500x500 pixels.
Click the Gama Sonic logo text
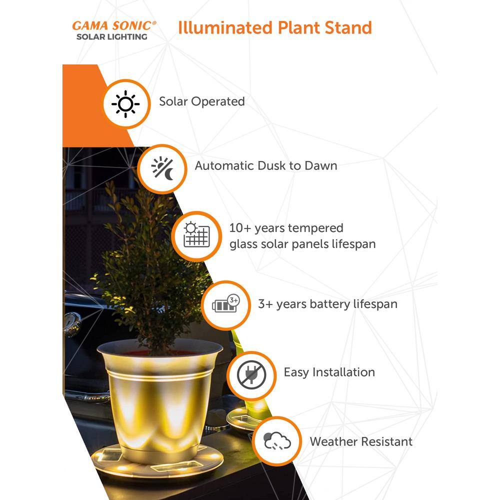[114, 26]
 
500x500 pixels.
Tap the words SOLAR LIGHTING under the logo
[112, 37]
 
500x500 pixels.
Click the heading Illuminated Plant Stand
[275, 27]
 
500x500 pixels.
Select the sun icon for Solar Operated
[125, 104]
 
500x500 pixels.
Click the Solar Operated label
[202, 101]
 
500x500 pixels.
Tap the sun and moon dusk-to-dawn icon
[162, 168]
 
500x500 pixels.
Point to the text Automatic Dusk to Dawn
[266, 166]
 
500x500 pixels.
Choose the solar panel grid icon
[196, 234]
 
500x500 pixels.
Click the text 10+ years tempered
[286, 228]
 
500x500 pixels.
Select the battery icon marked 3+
[226, 303]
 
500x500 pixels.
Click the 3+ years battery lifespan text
[328, 304]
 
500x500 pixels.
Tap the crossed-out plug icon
[251, 375]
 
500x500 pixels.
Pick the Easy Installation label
[329, 372]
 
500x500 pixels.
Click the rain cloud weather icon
[277, 440]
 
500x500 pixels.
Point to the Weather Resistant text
[361, 441]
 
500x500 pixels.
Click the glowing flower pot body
[158, 402]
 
